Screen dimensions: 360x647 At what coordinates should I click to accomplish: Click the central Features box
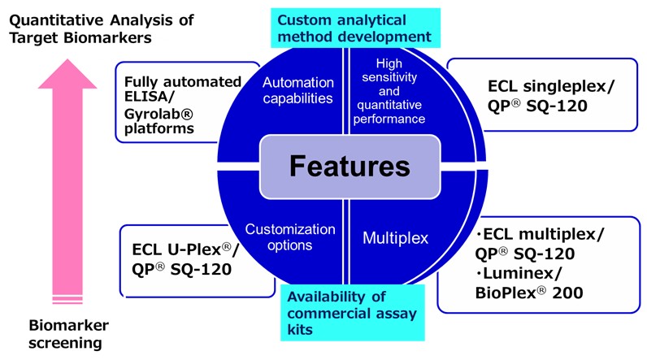pos(350,167)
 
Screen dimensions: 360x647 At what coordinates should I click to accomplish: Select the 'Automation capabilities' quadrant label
pos(298,91)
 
